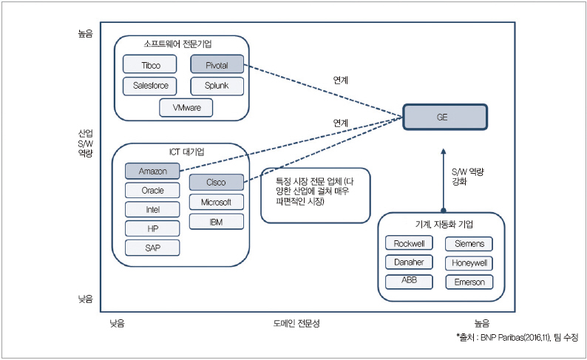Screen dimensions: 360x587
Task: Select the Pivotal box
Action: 216,65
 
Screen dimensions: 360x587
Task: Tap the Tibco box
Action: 151,65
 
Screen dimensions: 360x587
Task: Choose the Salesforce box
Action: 151,86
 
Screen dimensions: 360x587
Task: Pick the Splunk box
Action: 216,86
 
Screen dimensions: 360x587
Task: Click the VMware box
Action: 186,107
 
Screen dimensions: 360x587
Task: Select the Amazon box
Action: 153,171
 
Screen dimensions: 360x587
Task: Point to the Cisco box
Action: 216,182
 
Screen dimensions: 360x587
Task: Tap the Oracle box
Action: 153,190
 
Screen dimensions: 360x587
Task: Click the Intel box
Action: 153,209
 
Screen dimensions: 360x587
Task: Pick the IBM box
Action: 216,221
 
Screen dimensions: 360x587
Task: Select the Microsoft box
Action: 216,202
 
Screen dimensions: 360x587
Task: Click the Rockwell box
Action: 408,243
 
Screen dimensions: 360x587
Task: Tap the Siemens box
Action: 469,243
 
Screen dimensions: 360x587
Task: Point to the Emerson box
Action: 469,282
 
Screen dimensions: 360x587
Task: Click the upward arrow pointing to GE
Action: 443,177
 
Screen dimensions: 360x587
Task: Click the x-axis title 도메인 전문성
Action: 296,323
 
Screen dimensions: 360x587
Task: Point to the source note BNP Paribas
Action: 517,337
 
